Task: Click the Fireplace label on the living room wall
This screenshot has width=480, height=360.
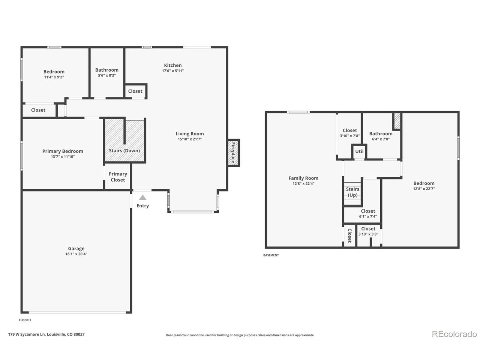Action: pos(233,153)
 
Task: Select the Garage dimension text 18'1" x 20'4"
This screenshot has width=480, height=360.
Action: pos(76,254)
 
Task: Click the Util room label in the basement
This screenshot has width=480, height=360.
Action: pos(359,151)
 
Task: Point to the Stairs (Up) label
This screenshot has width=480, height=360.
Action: pos(352,192)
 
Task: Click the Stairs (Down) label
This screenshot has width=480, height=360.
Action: pos(124,151)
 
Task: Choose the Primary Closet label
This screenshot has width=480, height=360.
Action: pos(118,177)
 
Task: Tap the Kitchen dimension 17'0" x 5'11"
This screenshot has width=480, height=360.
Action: pos(173,71)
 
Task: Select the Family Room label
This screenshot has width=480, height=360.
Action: pos(303,178)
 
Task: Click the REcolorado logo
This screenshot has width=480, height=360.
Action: pos(454,334)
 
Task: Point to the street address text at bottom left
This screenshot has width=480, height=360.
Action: pos(46,334)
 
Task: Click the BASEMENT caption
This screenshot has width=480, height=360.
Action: pos(271,255)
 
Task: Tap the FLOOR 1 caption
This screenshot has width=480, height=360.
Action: pos(25,320)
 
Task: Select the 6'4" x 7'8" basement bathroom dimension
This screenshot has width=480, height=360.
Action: pos(381,139)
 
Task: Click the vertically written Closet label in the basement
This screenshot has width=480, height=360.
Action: pos(349,235)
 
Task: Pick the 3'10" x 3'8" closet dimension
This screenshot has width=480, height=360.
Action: pos(368,234)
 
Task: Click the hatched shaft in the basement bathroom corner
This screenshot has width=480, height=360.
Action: pos(397,121)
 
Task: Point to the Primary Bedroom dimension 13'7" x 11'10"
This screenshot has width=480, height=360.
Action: pos(63,157)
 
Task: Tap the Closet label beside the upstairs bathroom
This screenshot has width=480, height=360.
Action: pos(135,91)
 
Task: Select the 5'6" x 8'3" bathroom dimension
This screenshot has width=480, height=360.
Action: pos(107,75)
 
